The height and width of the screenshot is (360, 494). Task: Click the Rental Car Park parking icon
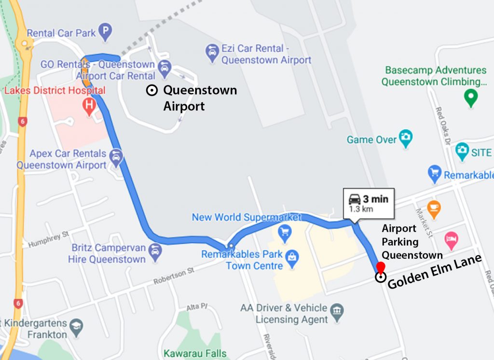pyautogui.click(x=105, y=33)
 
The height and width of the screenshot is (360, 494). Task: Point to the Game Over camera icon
pyautogui.click(x=406, y=138)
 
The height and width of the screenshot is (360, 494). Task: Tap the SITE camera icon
pyautogui.click(x=462, y=151)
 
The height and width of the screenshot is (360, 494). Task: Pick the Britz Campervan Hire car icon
pyautogui.click(x=155, y=251)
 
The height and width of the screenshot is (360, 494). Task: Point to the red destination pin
pyautogui.click(x=381, y=267)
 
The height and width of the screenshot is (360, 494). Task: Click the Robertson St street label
pyautogui.click(x=174, y=276)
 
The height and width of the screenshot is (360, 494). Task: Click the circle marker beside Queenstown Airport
pyautogui.click(x=151, y=90)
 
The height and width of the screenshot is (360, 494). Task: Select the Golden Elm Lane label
pyautogui.click(x=434, y=272)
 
